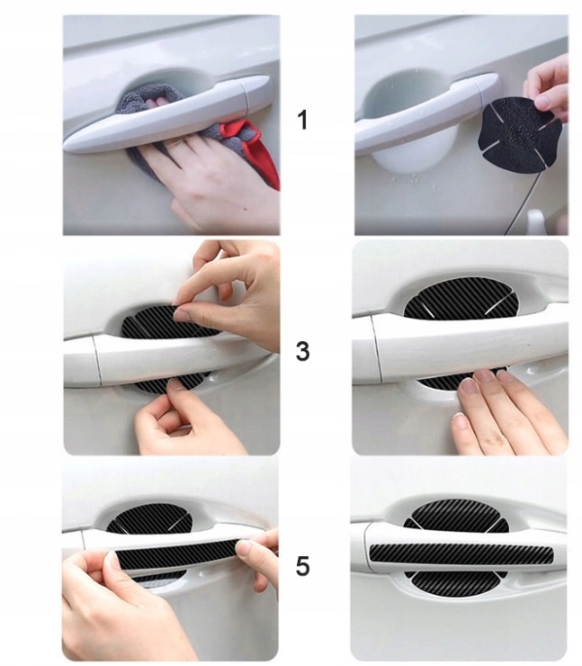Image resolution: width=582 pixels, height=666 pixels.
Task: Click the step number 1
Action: (302, 120)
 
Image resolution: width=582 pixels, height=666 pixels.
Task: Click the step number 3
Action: (302, 352)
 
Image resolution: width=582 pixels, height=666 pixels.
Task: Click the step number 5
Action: (302, 567)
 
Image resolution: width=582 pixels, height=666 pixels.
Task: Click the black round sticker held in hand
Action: (520, 133)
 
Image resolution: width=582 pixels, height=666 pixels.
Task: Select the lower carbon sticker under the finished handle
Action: (455, 583)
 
